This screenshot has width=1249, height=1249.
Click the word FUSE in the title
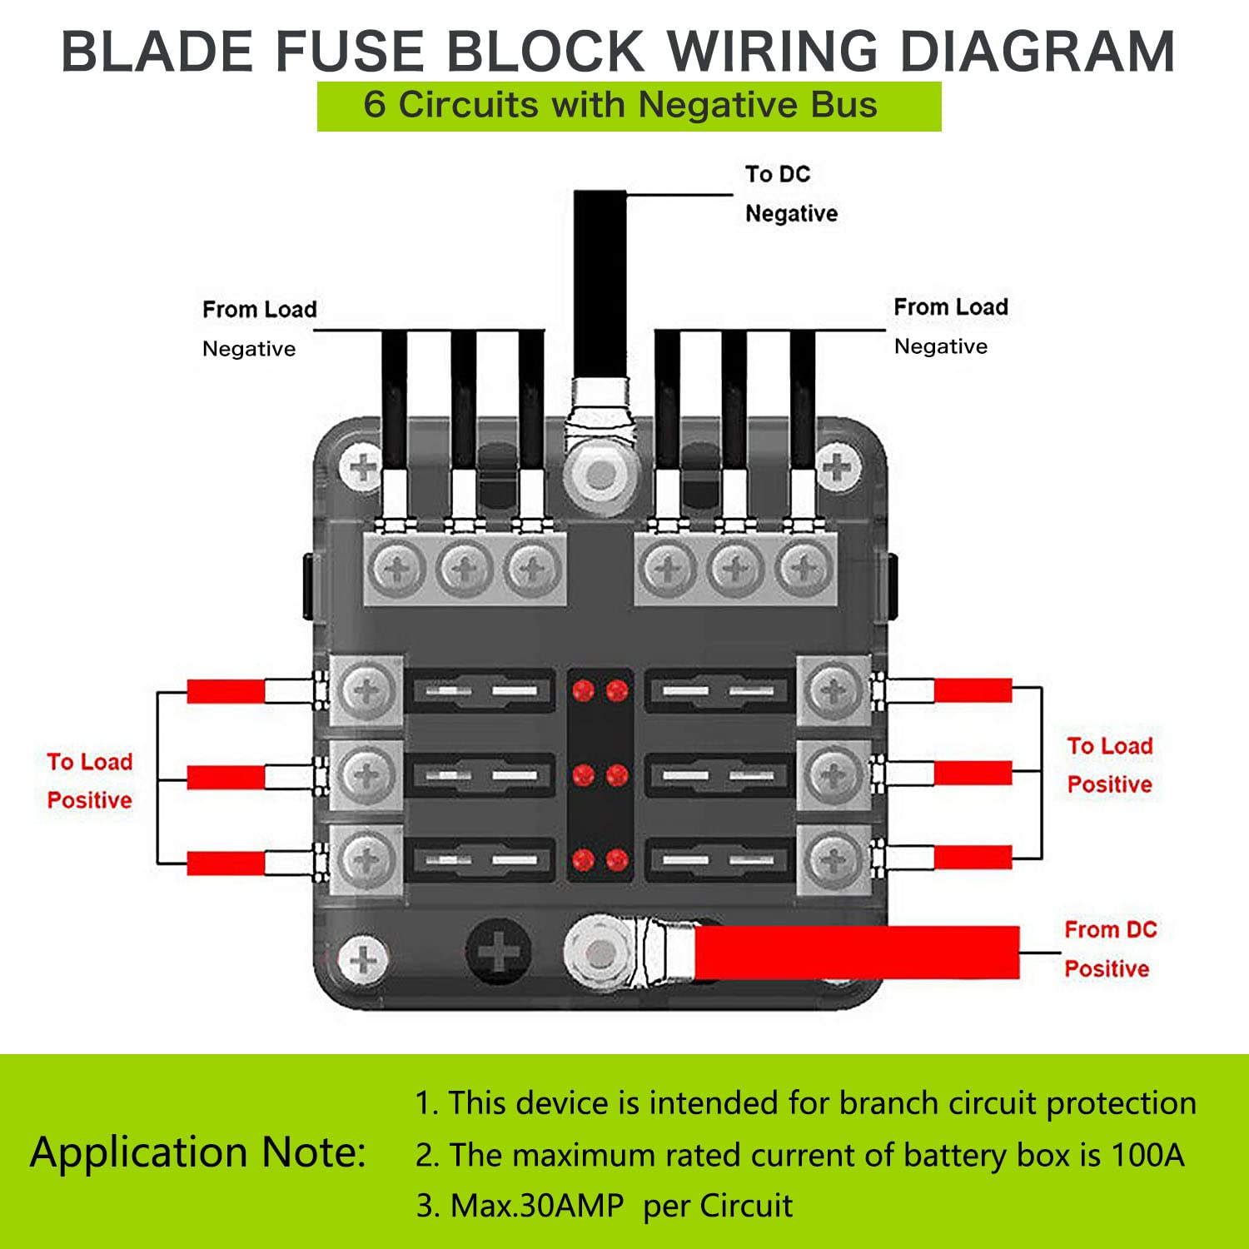point(351,52)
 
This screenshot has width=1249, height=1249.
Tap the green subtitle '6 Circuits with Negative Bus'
point(620,106)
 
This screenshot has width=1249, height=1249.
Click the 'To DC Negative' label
point(789,194)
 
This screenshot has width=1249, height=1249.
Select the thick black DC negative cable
point(600,283)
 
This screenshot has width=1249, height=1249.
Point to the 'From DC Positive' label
point(1109,949)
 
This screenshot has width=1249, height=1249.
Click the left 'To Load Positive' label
point(90,781)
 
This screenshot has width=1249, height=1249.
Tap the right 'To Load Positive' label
point(1109,765)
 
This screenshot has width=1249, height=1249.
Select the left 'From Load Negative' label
point(258,329)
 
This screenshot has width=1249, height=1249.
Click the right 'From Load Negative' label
point(949,326)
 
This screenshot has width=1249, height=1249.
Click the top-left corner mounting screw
point(362,468)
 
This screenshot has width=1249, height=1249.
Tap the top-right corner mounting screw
point(836,468)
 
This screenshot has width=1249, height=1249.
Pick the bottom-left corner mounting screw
point(362,959)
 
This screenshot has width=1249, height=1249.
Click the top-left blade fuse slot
point(481,690)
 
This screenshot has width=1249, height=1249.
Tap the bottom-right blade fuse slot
point(718,860)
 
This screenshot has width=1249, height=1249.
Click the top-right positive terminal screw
point(833,690)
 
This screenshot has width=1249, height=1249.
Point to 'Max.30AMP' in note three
point(537,1206)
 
